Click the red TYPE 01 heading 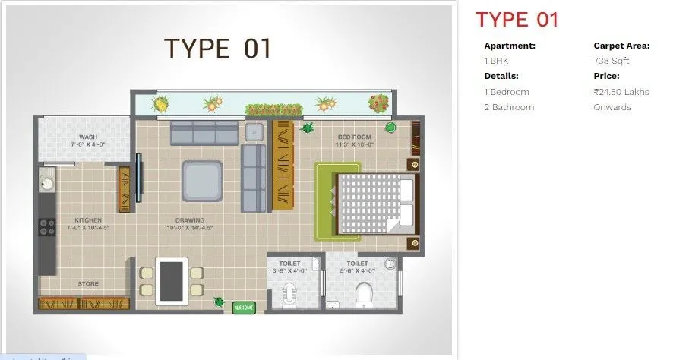[517, 20]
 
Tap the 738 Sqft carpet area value [611, 61]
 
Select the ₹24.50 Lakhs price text [621, 92]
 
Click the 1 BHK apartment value [497, 61]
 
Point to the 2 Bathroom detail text [509, 107]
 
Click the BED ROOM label [356, 137]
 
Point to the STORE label [88, 285]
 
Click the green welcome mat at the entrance [244, 307]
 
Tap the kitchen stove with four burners [47, 226]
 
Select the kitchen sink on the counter [47, 183]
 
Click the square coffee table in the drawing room [201, 181]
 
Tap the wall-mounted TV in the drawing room [138, 177]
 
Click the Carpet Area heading [621, 46]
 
